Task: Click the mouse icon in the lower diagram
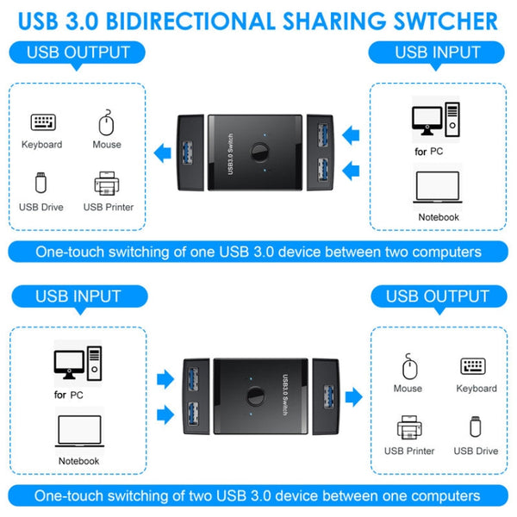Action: pos(408,368)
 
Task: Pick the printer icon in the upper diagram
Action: pos(108,184)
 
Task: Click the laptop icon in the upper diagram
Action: pos(439,189)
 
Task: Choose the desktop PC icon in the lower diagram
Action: pos(77,365)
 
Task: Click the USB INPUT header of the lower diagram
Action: pos(78,296)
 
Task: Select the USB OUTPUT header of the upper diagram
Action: pos(78,53)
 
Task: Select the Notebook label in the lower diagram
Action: pos(78,461)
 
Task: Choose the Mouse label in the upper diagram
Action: pos(107,145)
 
